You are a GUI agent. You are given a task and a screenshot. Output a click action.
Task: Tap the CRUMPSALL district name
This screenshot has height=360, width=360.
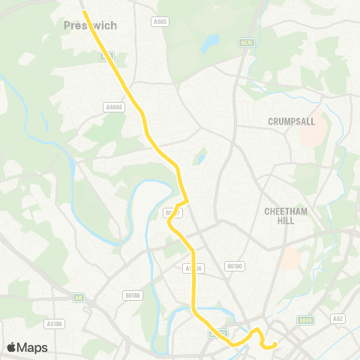[x=289, y=121]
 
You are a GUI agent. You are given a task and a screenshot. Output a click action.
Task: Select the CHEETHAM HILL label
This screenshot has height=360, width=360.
[x=286, y=217]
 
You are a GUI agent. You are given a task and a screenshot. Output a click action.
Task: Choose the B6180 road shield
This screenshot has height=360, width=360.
[x=235, y=265]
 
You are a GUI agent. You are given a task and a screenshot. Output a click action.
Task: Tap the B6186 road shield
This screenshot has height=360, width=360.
[x=133, y=295]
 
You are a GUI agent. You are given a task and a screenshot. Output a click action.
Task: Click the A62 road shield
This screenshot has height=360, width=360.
[x=338, y=319]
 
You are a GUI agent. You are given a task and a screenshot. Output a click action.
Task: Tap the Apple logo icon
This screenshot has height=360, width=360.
[x=11, y=347]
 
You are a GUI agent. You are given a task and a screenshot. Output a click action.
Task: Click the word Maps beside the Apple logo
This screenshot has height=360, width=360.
[x=33, y=347]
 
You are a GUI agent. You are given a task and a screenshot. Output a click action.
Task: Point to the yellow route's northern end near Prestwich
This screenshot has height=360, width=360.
[x=83, y=11]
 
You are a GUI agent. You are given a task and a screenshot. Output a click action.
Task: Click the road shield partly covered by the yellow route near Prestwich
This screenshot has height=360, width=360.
[x=107, y=55]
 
